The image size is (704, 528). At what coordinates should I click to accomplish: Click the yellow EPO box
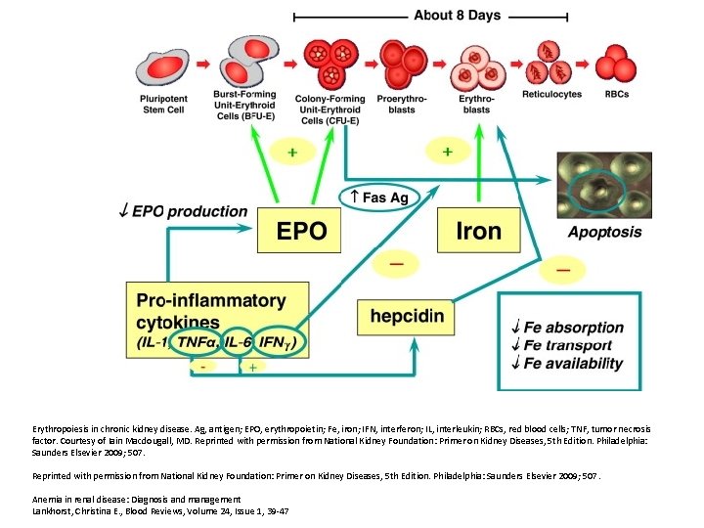[302, 232]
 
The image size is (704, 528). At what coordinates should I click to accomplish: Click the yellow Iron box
[478, 232]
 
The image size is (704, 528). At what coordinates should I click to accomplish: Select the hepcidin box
[407, 316]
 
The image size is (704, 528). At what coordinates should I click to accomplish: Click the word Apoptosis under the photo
[604, 232]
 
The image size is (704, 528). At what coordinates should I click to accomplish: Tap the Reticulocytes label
[551, 95]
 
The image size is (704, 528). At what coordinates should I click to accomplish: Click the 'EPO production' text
[189, 211]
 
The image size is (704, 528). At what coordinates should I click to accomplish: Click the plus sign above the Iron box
[447, 153]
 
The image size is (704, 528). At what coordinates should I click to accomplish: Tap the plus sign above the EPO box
[292, 153]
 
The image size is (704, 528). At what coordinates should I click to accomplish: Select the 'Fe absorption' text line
[574, 327]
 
